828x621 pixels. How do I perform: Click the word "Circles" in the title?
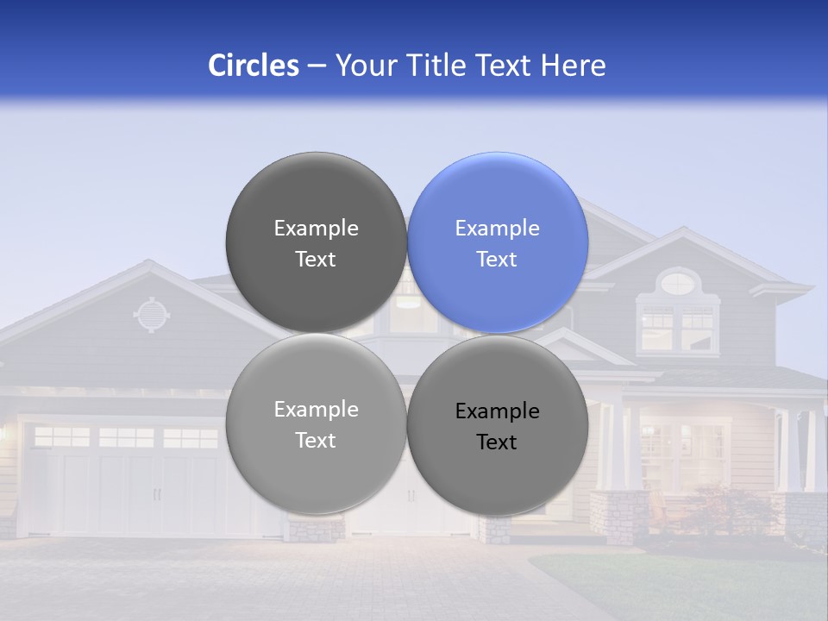tap(253, 66)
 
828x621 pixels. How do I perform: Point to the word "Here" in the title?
tap(574, 66)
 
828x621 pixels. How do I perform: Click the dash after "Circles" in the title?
tap(316, 66)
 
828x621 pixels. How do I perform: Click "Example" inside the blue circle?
tap(497, 228)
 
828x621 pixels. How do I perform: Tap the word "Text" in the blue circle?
tap(497, 259)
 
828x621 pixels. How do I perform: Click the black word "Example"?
tap(497, 411)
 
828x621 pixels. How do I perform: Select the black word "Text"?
tap(497, 442)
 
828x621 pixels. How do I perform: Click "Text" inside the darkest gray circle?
tap(316, 259)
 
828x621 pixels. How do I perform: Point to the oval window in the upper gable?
tap(679, 281)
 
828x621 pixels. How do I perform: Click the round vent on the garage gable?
tap(151, 315)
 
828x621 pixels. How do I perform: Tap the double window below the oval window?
tap(678, 328)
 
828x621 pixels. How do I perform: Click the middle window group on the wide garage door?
tap(126, 437)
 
